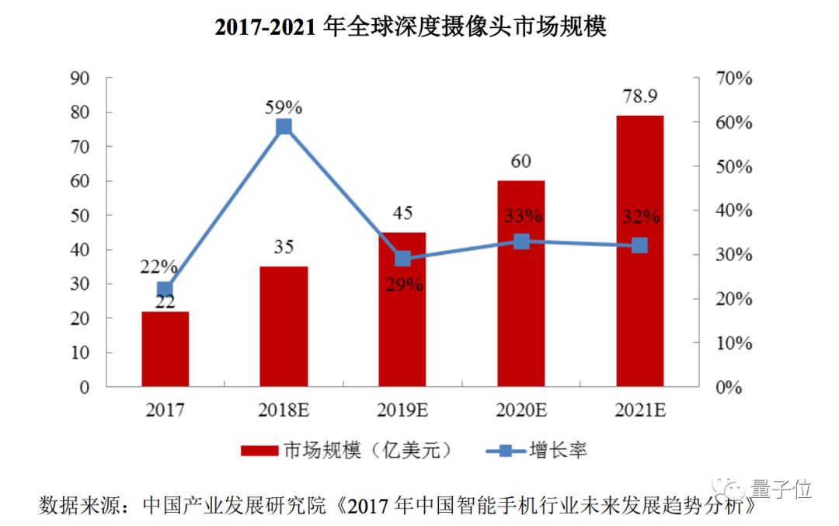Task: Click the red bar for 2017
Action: click(x=165, y=349)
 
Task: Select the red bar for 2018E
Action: click(x=284, y=326)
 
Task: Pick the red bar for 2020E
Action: click(x=521, y=284)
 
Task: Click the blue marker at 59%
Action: click(x=284, y=127)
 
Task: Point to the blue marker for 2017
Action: click(x=165, y=290)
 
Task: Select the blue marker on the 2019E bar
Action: click(x=402, y=259)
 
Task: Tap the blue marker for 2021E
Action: click(x=639, y=246)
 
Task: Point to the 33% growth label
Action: click(x=521, y=215)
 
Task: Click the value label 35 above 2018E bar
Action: click(x=284, y=248)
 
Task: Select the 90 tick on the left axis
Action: click(x=80, y=78)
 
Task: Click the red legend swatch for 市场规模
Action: click(x=259, y=451)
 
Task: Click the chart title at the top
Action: click(x=410, y=27)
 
